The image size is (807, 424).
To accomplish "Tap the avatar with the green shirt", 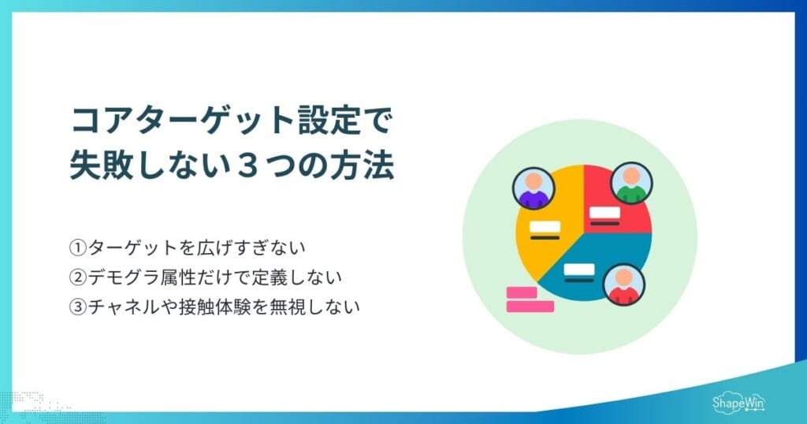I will click(630, 183).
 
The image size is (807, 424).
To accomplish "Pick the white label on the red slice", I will click(604, 212).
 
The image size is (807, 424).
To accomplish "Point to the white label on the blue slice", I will click(579, 270).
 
